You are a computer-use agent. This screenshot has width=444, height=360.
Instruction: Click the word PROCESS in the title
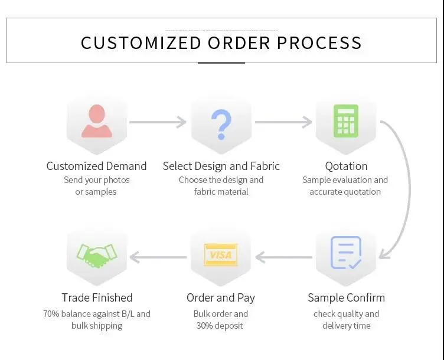point(319,42)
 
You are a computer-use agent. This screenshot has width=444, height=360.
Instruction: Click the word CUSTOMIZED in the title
point(141,42)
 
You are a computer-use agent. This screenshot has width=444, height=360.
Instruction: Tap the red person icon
point(96,121)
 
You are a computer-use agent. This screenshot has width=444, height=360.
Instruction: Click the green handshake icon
point(96,254)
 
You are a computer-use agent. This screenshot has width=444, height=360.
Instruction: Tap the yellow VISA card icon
point(221,255)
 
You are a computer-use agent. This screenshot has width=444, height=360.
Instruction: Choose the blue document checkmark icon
point(345,253)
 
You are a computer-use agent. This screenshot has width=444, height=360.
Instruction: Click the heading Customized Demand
point(96,166)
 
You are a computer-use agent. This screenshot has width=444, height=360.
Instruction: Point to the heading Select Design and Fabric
point(221,166)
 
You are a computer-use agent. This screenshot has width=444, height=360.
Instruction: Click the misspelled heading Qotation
point(346,166)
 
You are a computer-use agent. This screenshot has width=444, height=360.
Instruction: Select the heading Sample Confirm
point(346,297)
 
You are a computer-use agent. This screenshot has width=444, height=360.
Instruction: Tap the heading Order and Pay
point(221,297)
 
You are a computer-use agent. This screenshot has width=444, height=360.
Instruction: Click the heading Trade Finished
point(97,297)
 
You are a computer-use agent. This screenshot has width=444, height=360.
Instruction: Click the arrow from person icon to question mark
point(158,122)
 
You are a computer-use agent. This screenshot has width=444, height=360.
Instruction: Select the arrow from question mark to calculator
point(283,122)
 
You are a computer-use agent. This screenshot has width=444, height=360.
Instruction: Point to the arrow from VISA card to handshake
point(158,257)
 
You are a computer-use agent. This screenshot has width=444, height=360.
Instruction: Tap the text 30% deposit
point(221,326)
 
